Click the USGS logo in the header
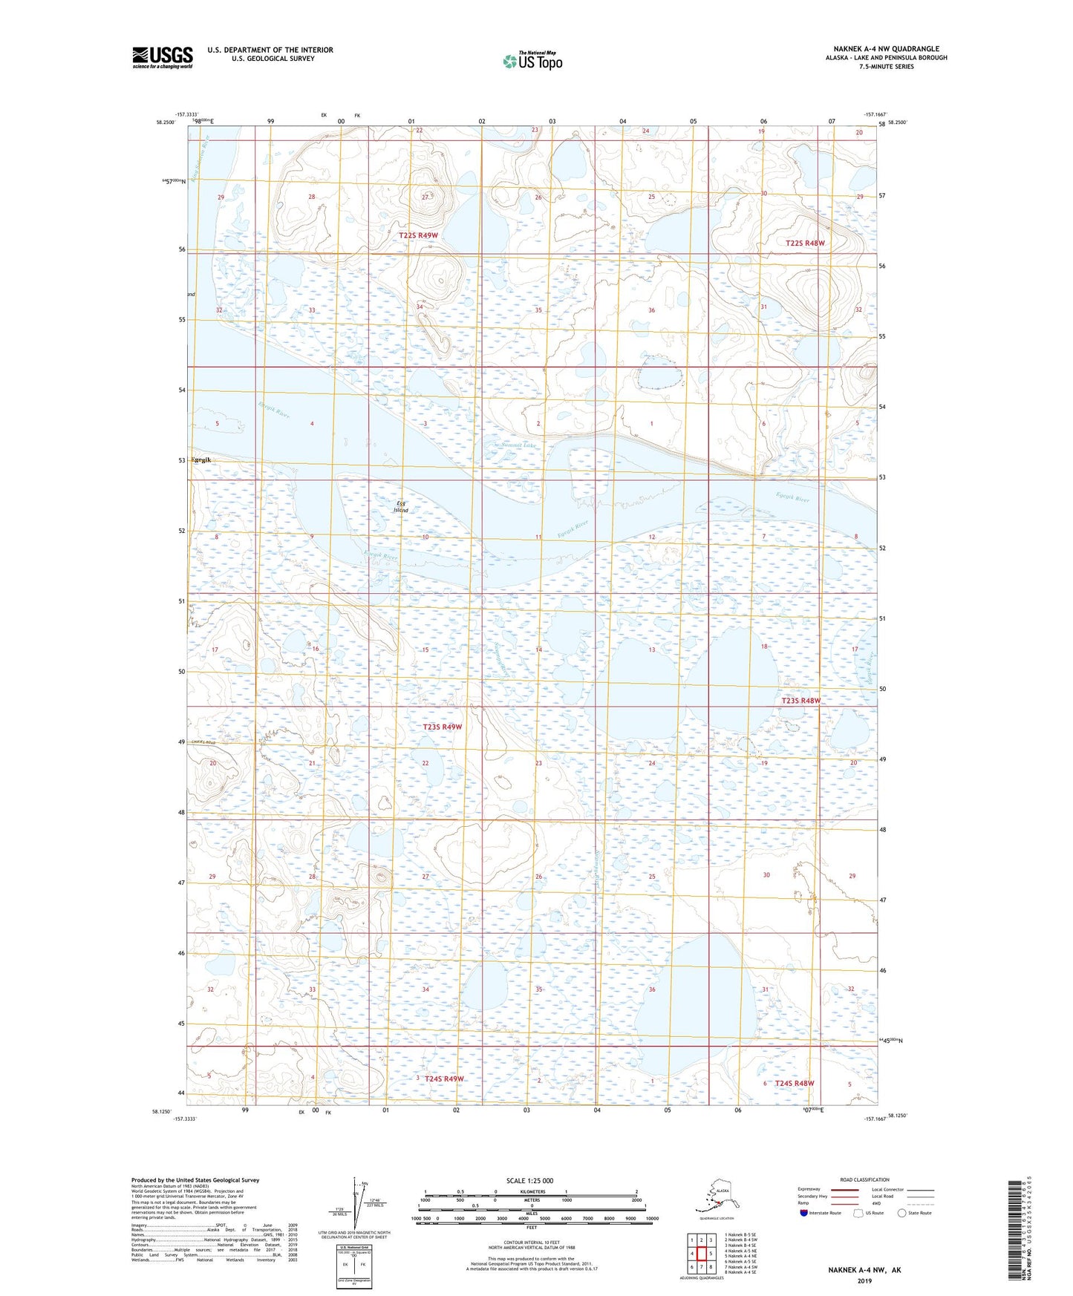pyautogui.click(x=162, y=57)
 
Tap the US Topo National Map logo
pyautogui.click(x=532, y=61)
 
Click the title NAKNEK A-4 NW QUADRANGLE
pyautogui.click(x=886, y=49)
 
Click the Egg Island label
pyautogui.click(x=401, y=507)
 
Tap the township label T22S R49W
pyautogui.click(x=418, y=235)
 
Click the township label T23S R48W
pyautogui.click(x=801, y=701)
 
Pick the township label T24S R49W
pyautogui.click(x=444, y=1079)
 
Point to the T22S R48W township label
pyautogui.click(x=805, y=243)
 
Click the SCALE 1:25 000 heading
pyautogui.click(x=529, y=1181)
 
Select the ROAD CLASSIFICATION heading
pyautogui.click(x=864, y=1179)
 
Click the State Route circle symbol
pyautogui.click(x=902, y=1213)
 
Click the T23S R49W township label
pyautogui.click(x=442, y=727)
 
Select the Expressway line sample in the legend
pyautogui.click(x=844, y=1189)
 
